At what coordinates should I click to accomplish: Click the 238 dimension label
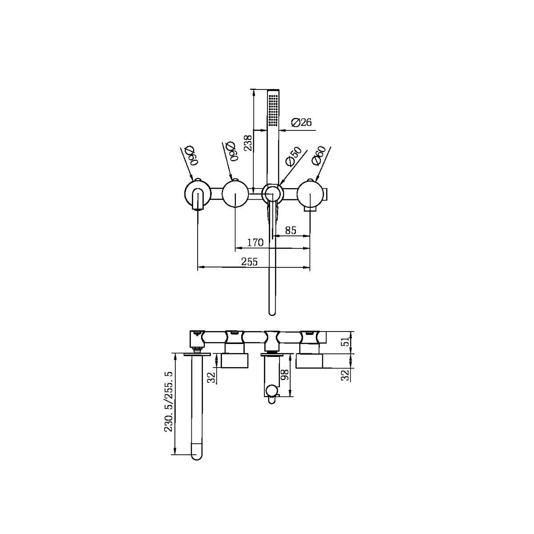click(x=248, y=143)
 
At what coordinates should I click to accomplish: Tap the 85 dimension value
click(x=291, y=231)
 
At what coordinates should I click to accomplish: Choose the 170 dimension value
click(x=255, y=243)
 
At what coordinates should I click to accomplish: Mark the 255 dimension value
click(x=250, y=262)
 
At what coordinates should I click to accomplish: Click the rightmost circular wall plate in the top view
click(x=310, y=194)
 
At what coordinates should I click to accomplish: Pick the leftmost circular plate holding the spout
click(x=197, y=194)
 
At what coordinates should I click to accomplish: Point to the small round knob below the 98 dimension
click(x=271, y=392)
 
